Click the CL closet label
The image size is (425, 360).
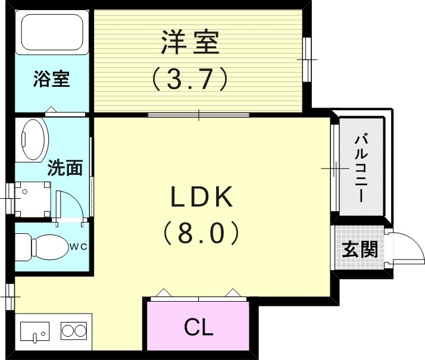tap(198, 327)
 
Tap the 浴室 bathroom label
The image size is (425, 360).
tap(51, 79)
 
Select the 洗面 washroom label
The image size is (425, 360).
tap(65, 168)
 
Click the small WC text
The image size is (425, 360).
tap(79, 245)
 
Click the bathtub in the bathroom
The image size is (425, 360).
tap(51, 33)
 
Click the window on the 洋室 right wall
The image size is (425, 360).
tap(307, 60)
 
